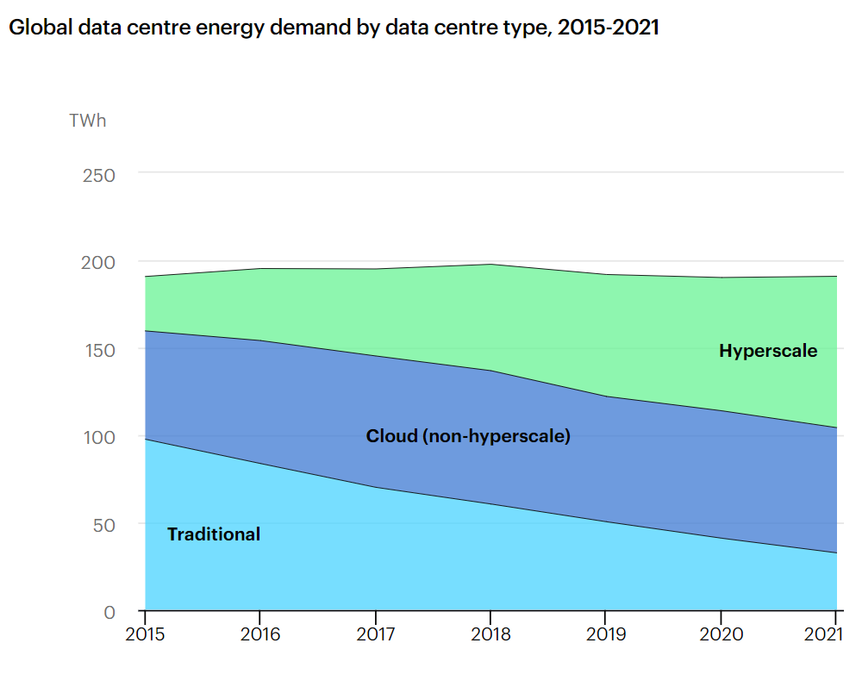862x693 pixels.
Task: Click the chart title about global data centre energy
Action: point(334,28)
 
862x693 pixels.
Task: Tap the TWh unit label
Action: point(88,121)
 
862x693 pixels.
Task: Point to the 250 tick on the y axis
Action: point(98,175)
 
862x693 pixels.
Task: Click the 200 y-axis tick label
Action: point(98,262)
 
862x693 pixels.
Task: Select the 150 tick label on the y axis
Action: point(98,350)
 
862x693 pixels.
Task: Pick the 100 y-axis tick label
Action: point(98,437)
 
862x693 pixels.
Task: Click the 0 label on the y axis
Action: point(109,613)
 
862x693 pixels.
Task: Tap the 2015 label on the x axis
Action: point(146,635)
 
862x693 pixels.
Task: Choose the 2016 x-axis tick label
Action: point(260,635)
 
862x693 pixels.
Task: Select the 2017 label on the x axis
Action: point(376,635)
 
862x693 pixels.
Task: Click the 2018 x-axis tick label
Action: point(490,635)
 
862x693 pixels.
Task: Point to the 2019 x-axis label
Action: point(606,635)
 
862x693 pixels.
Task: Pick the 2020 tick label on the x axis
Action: point(721,635)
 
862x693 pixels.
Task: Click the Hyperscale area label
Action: point(768,351)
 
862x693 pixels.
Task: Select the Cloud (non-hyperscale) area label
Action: point(468,436)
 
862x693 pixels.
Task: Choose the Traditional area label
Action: point(214,534)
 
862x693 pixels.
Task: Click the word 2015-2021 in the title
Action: point(609,28)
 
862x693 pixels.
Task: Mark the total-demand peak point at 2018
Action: point(490,265)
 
